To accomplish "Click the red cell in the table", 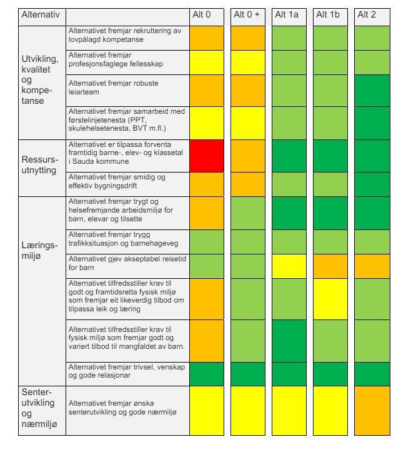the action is click(x=207, y=156).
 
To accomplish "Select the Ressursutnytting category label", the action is click(x=40, y=164).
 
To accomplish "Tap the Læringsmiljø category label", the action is click(x=40, y=250).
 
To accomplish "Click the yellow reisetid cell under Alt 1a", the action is click(x=289, y=266).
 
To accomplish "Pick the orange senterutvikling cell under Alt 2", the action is click(x=372, y=411).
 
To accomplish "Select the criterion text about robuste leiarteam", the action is click(x=114, y=88).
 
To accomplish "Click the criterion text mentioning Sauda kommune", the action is click(x=126, y=153).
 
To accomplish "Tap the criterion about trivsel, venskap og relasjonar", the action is click(x=127, y=371).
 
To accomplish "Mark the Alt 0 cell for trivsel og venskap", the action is click(x=207, y=374).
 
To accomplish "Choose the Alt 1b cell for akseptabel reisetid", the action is click(x=330, y=266).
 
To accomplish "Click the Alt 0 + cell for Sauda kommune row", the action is click(x=248, y=156).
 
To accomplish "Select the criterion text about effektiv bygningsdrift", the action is click(x=117, y=181).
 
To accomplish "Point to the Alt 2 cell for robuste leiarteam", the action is click(x=372, y=91).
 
